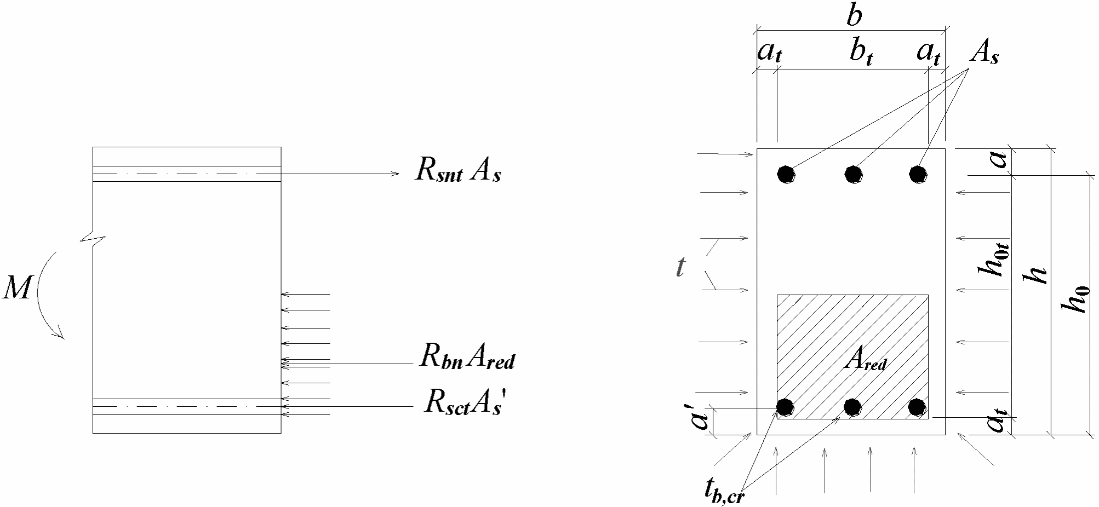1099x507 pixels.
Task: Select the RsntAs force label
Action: pyautogui.click(x=458, y=171)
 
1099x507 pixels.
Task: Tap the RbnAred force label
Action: pyautogui.click(x=467, y=358)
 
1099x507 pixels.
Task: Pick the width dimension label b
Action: pyautogui.click(x=854, y=16)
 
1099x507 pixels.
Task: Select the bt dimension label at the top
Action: pyautogui.click(x=861, y=54)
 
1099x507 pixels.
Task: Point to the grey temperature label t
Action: pyautogui.click(x=680, y=267)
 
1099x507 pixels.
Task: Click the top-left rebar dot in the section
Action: pyautogui.click(x=786, y=174)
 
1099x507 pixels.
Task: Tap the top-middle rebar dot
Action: pyautogui.click(x=852, y=174)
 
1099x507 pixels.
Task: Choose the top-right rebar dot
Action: pyautogui.click(x=918, y=174)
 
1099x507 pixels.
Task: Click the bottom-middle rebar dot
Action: pyautogui.click(x=852, y=407)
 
